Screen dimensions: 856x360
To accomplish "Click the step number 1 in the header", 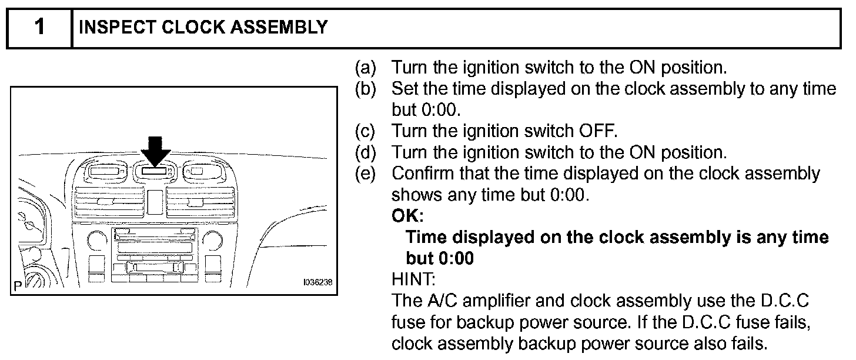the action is [39, 27].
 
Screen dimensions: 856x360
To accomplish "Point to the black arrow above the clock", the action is [155, 150].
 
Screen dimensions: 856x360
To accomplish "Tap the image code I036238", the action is [317, 282].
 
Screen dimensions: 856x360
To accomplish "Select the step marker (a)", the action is [366, 68].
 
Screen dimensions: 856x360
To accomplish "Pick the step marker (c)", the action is [366, 131].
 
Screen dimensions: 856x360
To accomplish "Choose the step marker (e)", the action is [366, 174].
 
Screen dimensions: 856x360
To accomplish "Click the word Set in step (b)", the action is [404, 89].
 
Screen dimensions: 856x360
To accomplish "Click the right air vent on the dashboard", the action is [195, 201].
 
